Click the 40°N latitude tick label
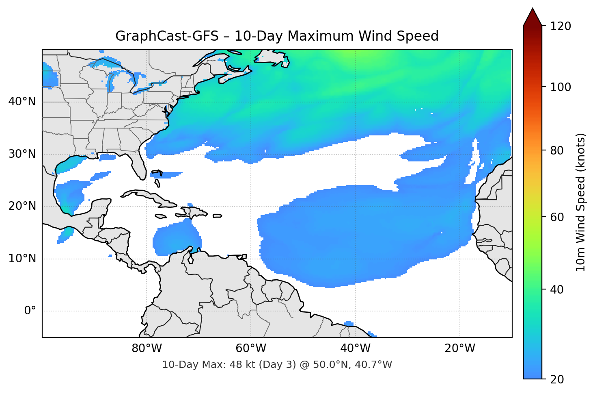[22, 102]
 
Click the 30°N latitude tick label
[22, 154]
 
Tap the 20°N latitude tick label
[22, 206]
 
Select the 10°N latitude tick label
[22, 259]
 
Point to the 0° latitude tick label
[30, 311]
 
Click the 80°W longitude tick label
[147, 348]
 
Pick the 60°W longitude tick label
[251, 348]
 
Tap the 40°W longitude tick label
[356, 348]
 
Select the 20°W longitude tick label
[460, 348]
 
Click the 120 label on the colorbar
[561, 26]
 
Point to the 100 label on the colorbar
[561, 87]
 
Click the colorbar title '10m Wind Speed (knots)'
[581, 202]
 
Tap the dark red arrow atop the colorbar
[532, 17]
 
